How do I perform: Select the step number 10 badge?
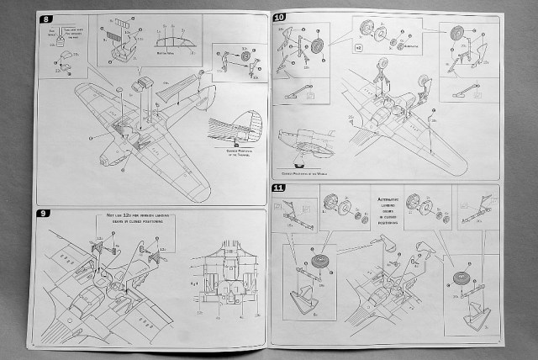(280, 18)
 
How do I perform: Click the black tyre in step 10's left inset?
(319, 47)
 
